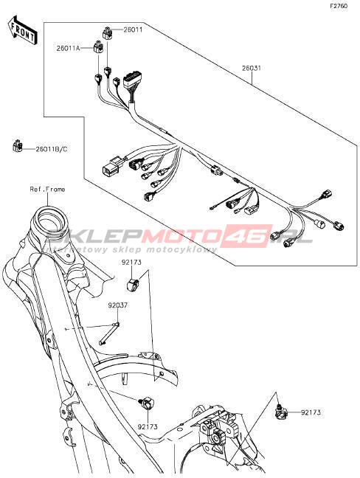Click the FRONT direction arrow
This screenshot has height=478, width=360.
coord(23,30)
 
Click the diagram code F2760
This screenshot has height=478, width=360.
coord(339,5)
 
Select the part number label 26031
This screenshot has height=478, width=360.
coord(251,68)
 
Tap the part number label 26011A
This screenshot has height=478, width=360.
coord(68,48)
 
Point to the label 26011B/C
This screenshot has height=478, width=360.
coord(52,149)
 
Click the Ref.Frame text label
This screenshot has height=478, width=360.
coord(47,190)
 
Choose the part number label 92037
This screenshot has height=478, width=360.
coord(117,305)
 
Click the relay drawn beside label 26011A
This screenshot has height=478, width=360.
coord(97,47)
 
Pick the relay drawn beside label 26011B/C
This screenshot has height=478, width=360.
coord(18,146)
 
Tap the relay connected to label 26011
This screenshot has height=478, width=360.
coord(107,33)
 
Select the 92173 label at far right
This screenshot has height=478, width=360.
coord(311,412)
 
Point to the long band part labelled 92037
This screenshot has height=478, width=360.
coord(109,333)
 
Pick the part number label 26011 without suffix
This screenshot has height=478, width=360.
coord(133,30)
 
